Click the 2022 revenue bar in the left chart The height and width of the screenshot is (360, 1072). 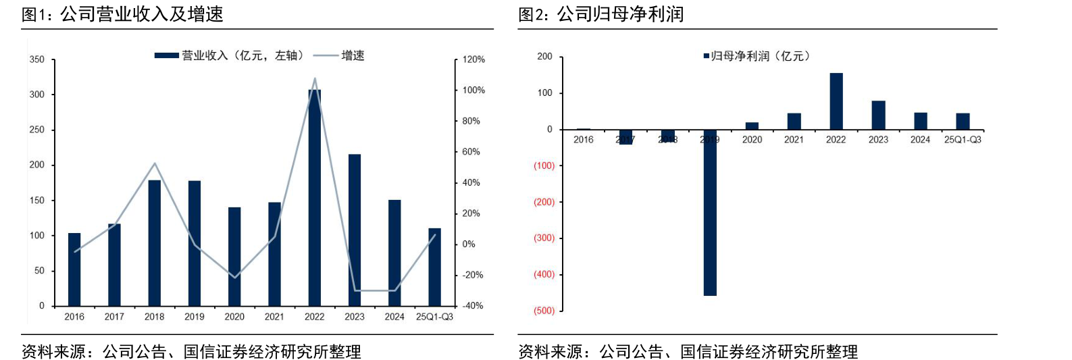coord(314,197)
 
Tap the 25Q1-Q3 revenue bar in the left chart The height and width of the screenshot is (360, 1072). coord(434,267)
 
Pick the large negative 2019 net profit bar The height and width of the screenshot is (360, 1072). coord(709,213)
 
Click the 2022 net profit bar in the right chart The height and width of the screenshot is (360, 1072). coord(836,101)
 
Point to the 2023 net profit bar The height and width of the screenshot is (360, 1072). coord(878,115)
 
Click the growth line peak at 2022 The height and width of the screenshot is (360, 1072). coord(315,78)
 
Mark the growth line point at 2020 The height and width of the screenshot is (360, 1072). coord(234,278)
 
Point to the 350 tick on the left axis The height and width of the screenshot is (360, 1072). coord(37,59)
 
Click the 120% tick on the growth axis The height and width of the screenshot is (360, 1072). coord(474,59)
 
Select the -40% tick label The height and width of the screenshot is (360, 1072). coord(473,306)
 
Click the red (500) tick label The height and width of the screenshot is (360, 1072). coord(544,311)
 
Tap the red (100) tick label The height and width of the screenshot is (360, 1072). coord(544,165)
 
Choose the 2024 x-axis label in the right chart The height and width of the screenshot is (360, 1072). coord(920,140)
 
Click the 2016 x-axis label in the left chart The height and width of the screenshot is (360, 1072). coord(74,317)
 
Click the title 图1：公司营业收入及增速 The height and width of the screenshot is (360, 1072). coord(122,14)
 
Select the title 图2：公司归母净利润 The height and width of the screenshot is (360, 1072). coord(601,14)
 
